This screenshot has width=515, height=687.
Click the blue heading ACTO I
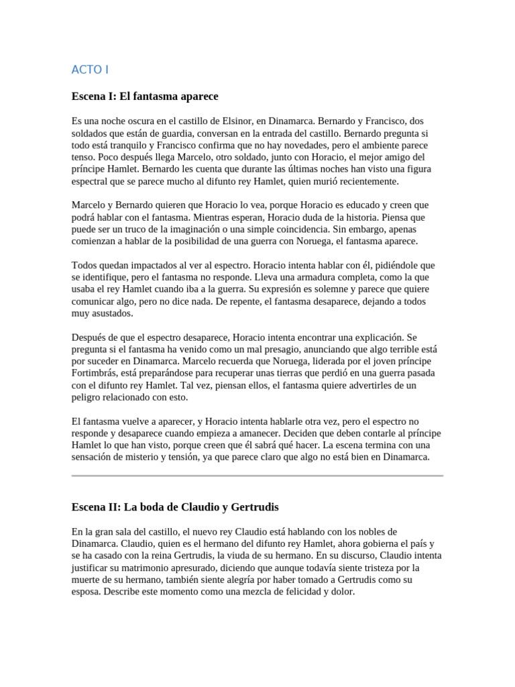click(x=90, y=69)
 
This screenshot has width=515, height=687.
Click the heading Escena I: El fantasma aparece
click(x=145, y=97)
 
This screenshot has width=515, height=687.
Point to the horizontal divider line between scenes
click(x=257, y=476)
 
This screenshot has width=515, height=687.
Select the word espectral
click(x=93, y=182)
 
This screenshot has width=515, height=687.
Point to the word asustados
click(x=112, y=313)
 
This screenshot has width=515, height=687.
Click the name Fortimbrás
click(x=98, y=374)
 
